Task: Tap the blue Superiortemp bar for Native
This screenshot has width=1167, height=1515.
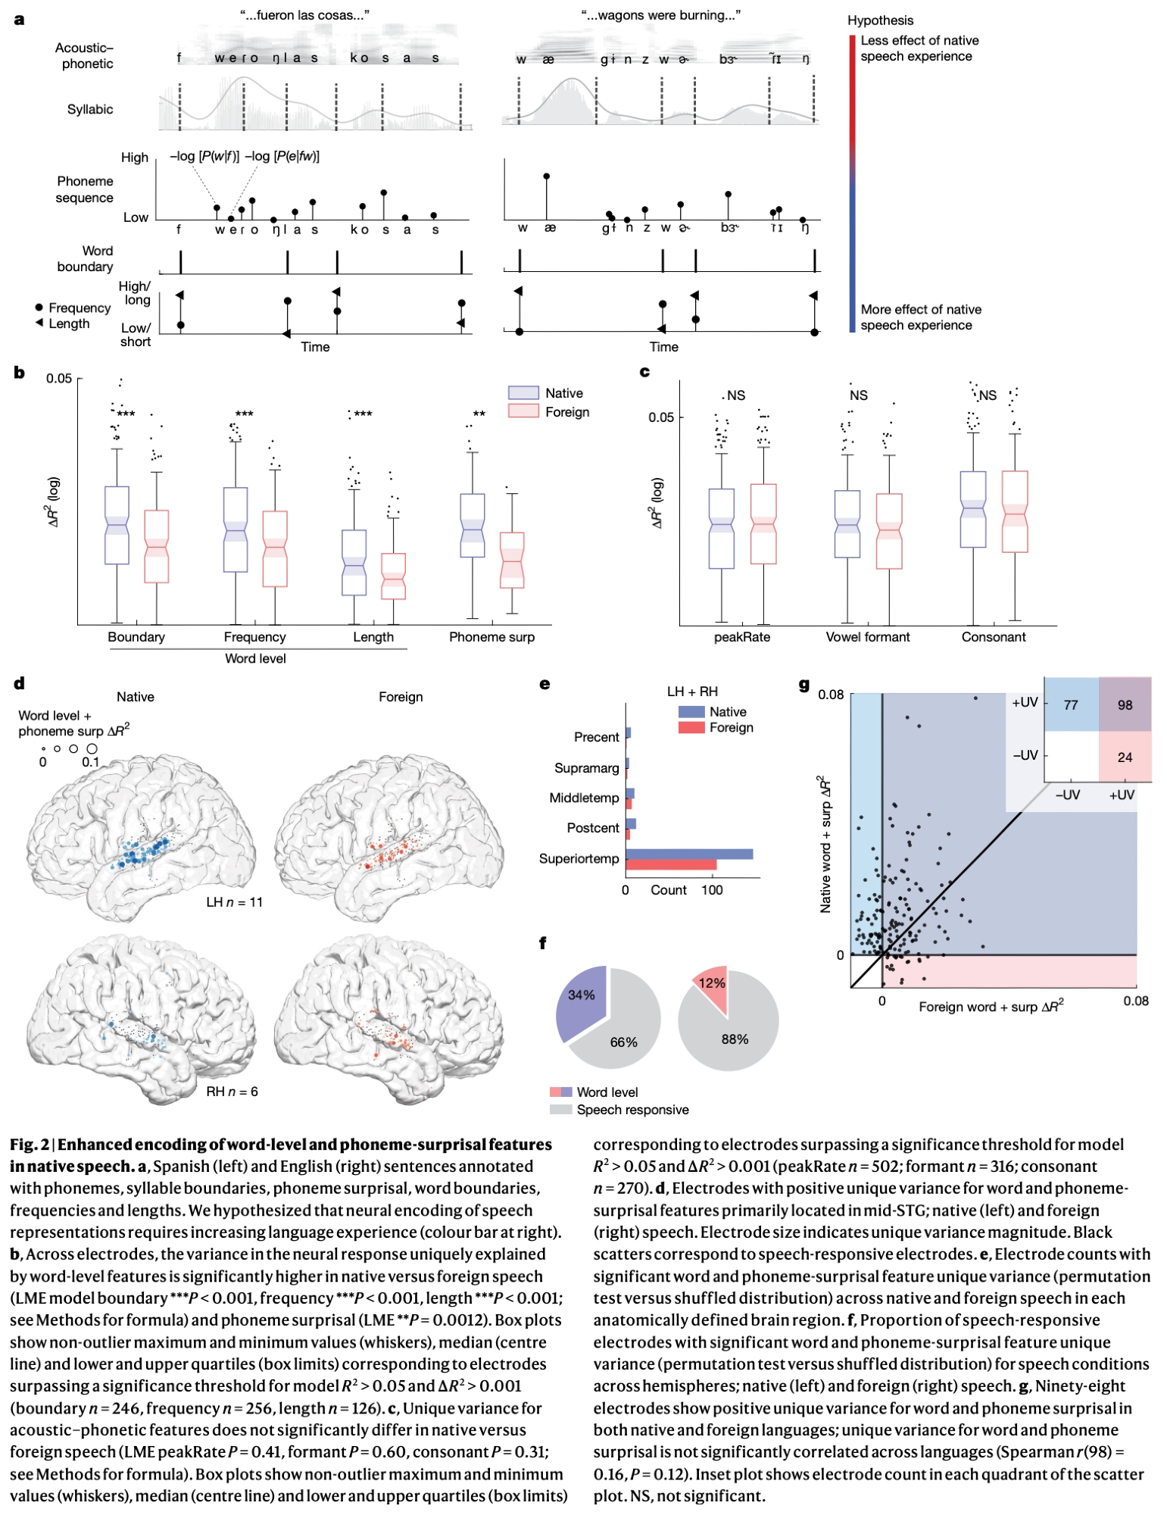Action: pos(689,854)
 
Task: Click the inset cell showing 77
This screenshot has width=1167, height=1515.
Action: pos(1071,704)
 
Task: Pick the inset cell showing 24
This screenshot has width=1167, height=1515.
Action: pos(1125,757)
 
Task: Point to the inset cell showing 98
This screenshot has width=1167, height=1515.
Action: pos(1125,704)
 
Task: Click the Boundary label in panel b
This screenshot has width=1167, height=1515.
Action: pos(136,637)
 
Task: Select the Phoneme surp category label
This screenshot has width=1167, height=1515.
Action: pos(491,637)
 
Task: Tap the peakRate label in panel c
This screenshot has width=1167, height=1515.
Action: pos(741,637)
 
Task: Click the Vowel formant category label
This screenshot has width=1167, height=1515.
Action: pos(867,637)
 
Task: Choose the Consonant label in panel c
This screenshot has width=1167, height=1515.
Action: pos(993,637)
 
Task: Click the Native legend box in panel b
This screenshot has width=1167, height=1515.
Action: pos(523,393)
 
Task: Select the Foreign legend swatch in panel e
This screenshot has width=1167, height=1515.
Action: pos(691,727)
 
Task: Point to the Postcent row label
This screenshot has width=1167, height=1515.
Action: pos(593,828)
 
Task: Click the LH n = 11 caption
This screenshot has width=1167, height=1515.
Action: pos(234,902)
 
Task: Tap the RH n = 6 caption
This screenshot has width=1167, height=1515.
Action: pos(232,1092)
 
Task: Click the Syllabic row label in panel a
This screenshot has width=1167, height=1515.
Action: pos(90,109)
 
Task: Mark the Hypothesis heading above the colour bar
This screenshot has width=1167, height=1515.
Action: pos(880,20)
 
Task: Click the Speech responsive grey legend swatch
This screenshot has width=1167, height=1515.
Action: pos(560,1110)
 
